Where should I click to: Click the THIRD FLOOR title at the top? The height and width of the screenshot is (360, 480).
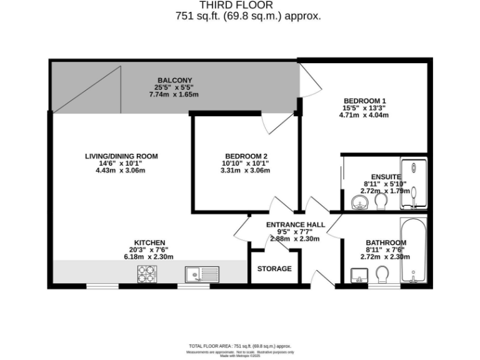pos(239,5)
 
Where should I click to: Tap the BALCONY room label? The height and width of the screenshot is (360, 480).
pos(170,80)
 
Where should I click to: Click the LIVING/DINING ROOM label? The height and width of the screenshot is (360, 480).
pos(121,156)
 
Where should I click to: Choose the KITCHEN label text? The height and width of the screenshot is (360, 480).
pos(149,242)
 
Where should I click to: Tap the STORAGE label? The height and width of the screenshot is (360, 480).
pos(274,269)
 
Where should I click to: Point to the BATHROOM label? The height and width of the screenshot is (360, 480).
pos(386,242)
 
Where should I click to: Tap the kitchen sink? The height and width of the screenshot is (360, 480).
pos(199,274)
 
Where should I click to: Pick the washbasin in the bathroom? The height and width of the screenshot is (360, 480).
pos(359,275)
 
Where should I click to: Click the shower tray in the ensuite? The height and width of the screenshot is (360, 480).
pos(413,183)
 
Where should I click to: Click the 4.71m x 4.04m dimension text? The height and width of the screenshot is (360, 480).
pos(365,114)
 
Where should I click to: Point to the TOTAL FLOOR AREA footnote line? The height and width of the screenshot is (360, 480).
pos(240,346)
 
